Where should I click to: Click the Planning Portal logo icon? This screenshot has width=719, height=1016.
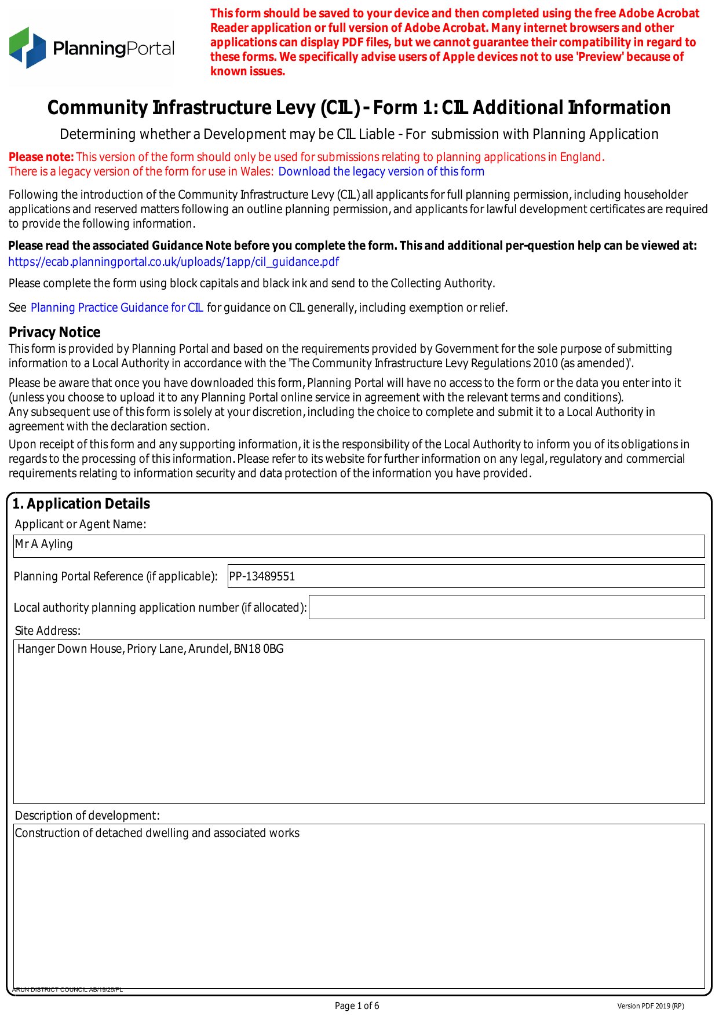tap(27, 47)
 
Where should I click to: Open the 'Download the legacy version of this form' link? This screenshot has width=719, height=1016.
tap(381, 171)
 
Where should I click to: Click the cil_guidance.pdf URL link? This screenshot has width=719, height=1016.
tap(173, 262)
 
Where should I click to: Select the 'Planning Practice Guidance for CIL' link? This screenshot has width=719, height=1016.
tap(116, 308)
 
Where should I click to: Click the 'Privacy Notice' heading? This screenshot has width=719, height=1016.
tap(54, 332)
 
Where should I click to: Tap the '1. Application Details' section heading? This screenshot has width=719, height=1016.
tap(81, 504)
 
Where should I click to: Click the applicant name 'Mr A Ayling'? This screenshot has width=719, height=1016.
tap(44, 544)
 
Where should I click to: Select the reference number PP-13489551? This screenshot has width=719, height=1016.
tap(262, 576)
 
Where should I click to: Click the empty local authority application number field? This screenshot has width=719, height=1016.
tap(506, 607)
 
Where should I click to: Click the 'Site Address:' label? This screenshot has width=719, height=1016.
tap(48, 631)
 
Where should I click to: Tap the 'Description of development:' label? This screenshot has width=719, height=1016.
tap(87, 816)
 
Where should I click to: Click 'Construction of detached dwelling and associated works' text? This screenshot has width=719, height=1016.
tap(157, 833)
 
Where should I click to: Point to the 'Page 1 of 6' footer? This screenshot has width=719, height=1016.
tap(357, 1006)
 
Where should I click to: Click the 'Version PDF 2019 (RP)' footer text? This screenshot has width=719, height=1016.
tap(650, 1006)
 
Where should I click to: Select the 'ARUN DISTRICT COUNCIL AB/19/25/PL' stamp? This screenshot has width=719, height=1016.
tap(67, 989)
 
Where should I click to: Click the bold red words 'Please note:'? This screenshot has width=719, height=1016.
tap(41, 157)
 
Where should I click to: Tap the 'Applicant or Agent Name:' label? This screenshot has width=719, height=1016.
tap(81, 524)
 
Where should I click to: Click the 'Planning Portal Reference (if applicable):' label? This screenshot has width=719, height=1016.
tap(115, 576)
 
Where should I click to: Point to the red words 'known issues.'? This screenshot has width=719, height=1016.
tap(247, 71)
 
